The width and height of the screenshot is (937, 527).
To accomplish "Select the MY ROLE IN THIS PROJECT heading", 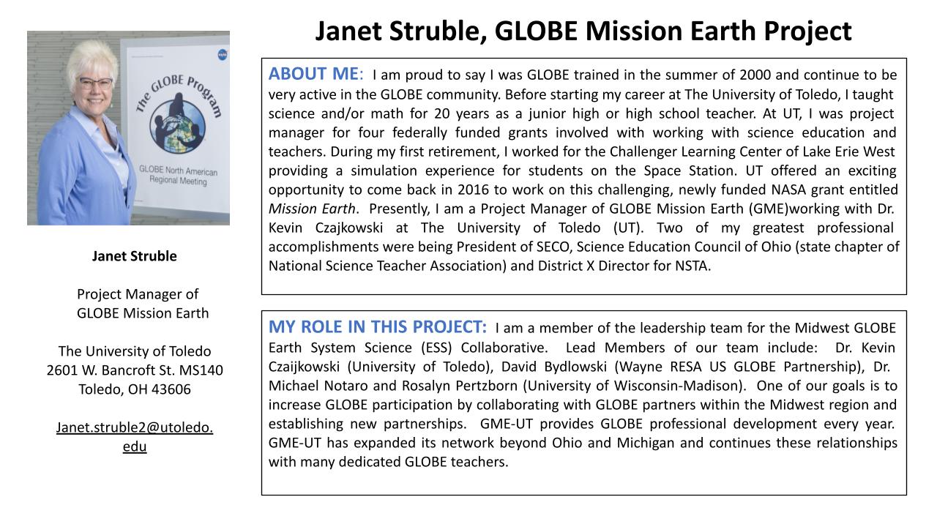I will coord(377,326).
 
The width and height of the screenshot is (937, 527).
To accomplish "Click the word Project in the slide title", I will coord(800,31).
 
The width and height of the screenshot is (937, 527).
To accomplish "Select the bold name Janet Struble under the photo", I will coord(134,256).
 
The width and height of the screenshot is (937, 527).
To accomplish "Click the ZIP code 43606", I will coord(169,389).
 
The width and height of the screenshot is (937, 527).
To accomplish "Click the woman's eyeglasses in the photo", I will coord(94,83).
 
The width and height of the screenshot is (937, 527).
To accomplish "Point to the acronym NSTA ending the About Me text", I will coord(693,266).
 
